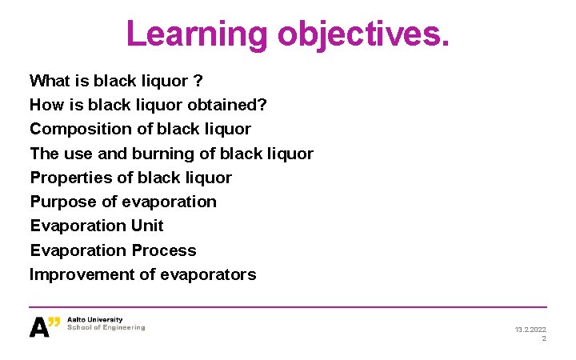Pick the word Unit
click(147, 226)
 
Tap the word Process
click(164, 250)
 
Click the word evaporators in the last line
click(208, 274)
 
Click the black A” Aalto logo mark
click(45, 326)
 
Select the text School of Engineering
click(106, 327)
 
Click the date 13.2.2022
click(530, 329)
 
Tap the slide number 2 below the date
click(544, 338)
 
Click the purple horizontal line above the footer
click(288, 307)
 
